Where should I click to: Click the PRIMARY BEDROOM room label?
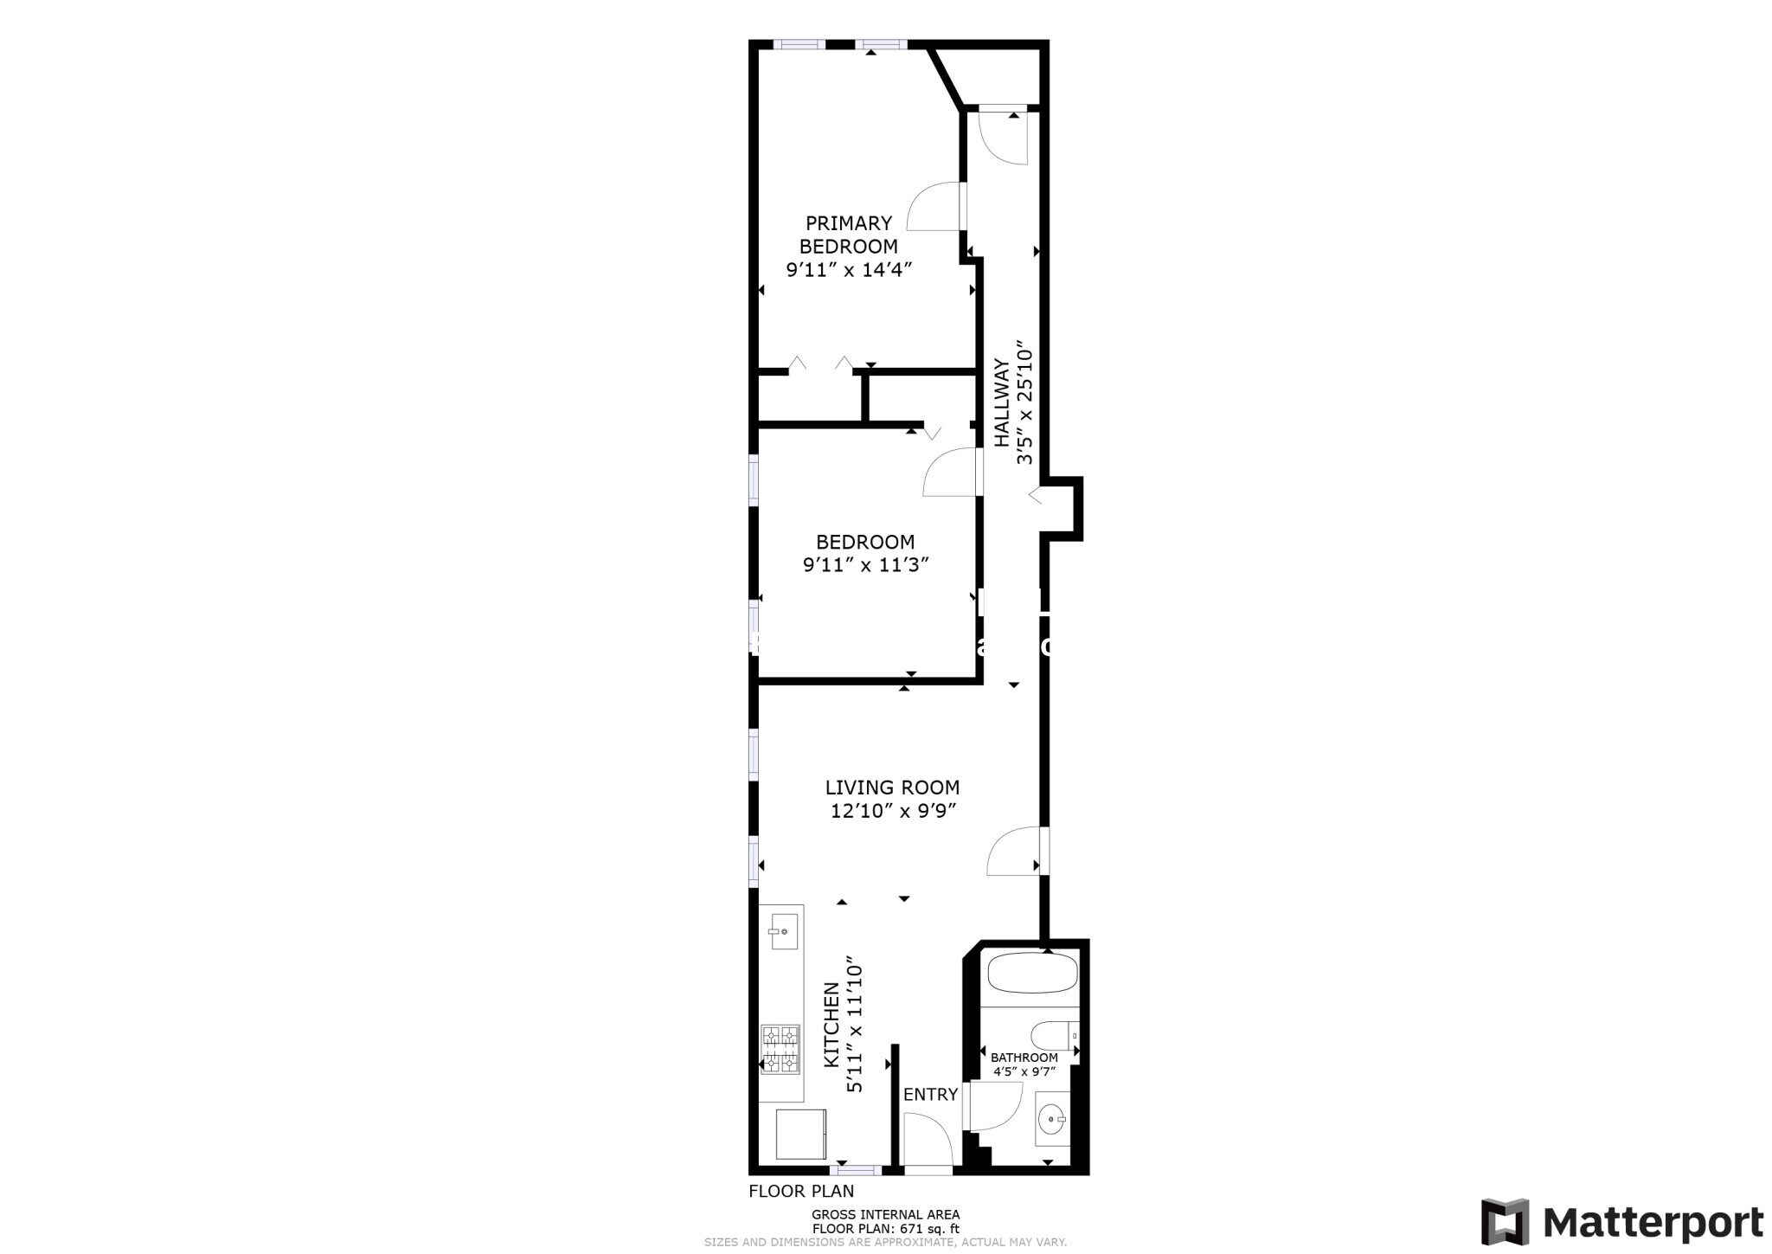[x=848, y=235]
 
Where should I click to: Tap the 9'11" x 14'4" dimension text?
[x=849, y=270]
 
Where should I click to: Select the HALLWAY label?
[x=1002, y=403]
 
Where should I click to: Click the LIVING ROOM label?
[x=892, y=788]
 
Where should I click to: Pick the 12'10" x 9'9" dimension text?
[x=892, y=812]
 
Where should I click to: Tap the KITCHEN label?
[x=831, y=1036]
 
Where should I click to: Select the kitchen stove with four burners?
[x=780, y=1050]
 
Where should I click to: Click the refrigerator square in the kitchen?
[x=800, y=1134]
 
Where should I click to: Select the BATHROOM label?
[x=1024, y=1058]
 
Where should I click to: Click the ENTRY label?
[x=930, y=1095]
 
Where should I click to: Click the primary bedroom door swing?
[x=935, y=207]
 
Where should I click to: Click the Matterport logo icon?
[x=1505, y=1222]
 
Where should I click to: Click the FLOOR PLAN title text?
[x=801, y=1191]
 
